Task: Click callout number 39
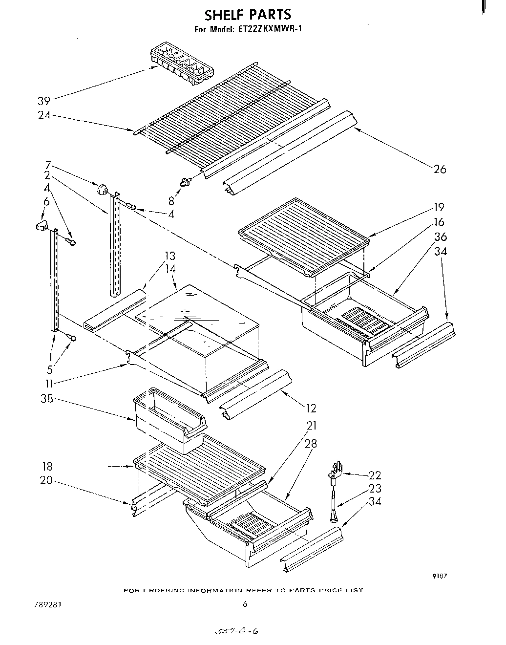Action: pyautogui.click(x=44, y=101)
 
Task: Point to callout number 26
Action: pyautogui.click(x=440, y=169)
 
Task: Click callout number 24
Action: pyautogui.click(x=44, y=116)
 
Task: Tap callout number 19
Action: pyautogui.click(x=438, y=207)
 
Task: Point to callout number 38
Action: pyautogui.click(x=47, y=399)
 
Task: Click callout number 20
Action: pyautogui.click(x=46, y=480)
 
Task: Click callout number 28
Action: pyautogui.click(x=310, y=443)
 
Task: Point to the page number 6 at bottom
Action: pyautogui.click(x=245, y=604)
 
